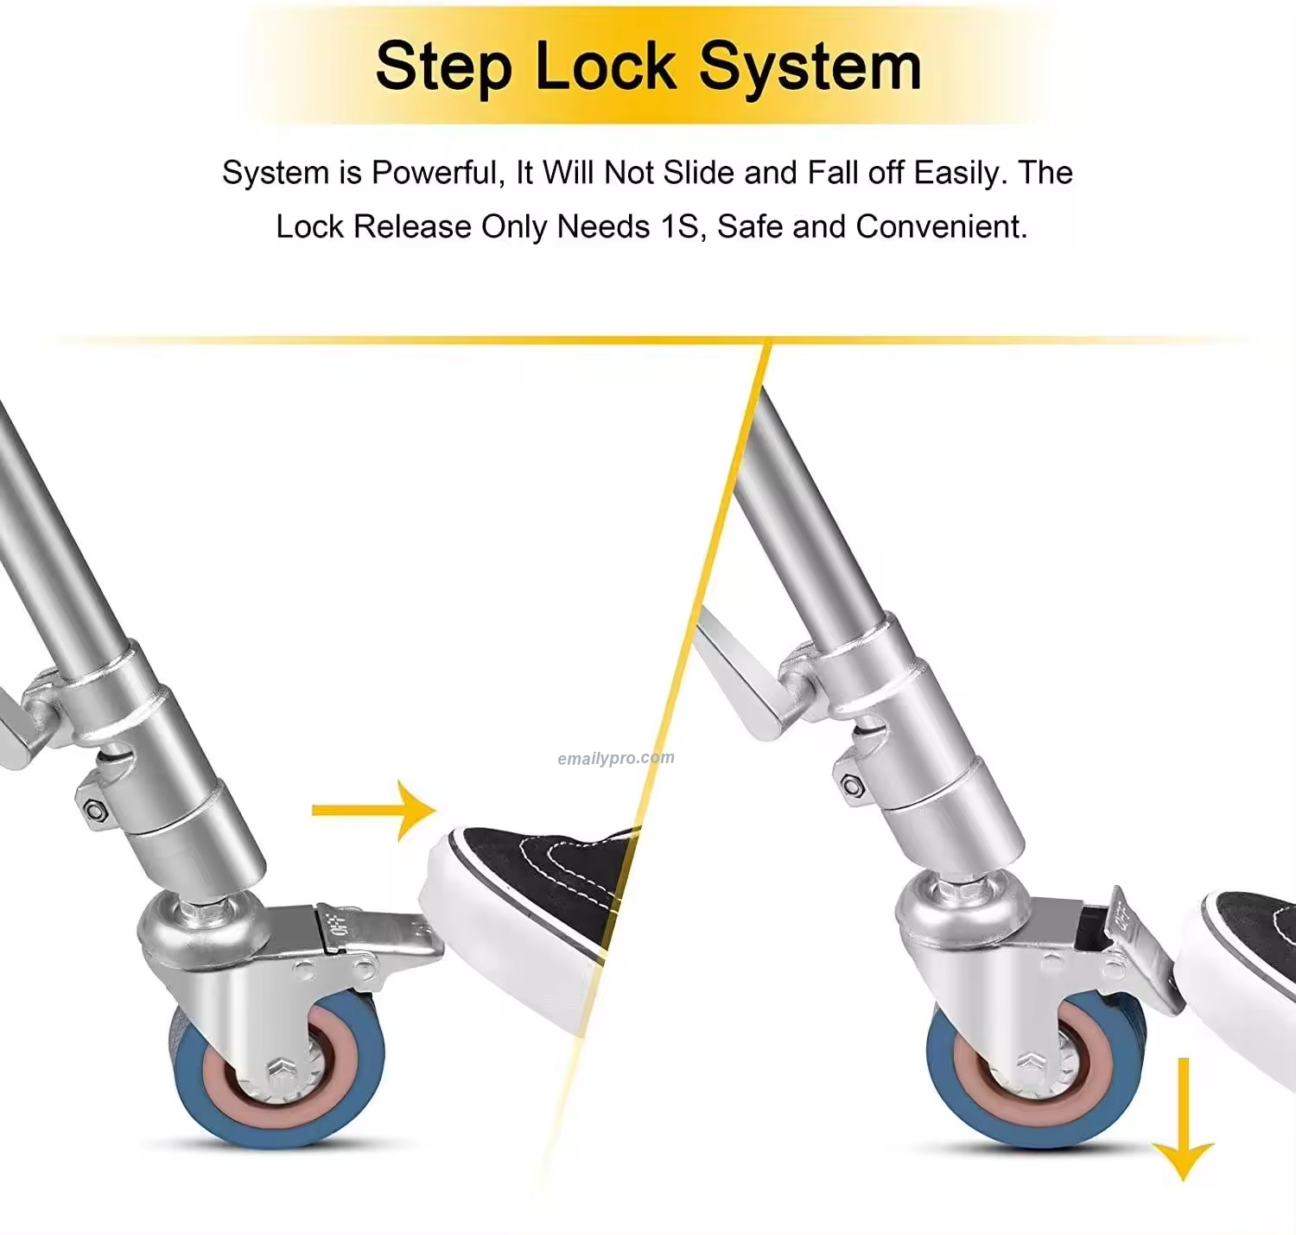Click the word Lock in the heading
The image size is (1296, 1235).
pyautogui.click(x=606, y=66)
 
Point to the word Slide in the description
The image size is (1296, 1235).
pyautogui.click(x=698, y=173)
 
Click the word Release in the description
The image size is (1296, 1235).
pyautogui.click(x=412, y=226)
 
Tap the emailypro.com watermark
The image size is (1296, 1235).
pyautogui.click(x=616, y=758)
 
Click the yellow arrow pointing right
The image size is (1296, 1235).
pyautogui.click(x=374, y=811)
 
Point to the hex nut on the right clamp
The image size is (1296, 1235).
pyautogui.click(x=851, y=786)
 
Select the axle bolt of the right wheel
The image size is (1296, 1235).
pyautogui.click(x=1034, y=1061)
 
